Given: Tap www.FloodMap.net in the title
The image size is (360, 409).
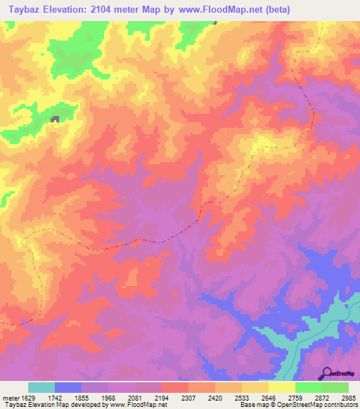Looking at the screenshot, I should click(216, 10).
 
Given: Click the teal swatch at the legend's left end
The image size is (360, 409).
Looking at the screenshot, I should click(41, 387).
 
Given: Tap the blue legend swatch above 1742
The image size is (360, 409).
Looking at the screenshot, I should click(68, 387).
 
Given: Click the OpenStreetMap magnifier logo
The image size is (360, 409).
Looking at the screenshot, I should click(326, 373).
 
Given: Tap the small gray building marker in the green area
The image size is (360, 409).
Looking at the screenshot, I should click(55, 119).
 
